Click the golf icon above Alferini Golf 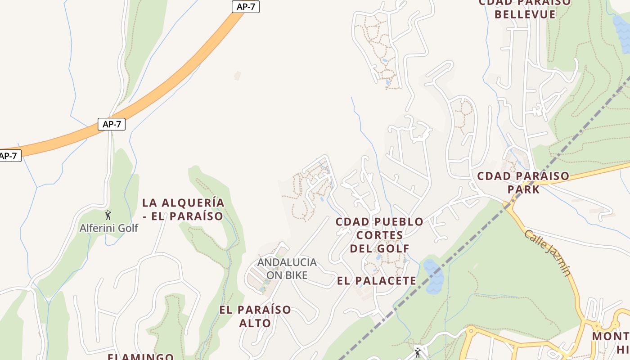(108, 215)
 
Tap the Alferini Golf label (109, 228)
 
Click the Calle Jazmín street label (548, 253)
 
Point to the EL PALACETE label (377, 281)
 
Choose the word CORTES (380, 235)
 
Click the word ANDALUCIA (287, 262)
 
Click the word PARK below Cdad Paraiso (523, 189)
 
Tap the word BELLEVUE (525, 14)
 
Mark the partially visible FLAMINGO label (140, 357)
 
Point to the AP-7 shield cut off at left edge (9, 156)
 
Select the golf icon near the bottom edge (418, 352)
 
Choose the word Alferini (95, 228)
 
